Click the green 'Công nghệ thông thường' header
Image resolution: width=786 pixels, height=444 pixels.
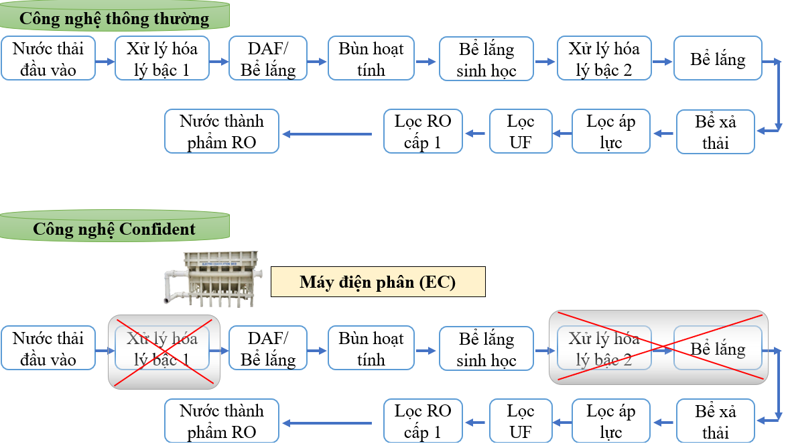(115, 18)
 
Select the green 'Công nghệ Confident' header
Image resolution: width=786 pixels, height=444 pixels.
(115, 229)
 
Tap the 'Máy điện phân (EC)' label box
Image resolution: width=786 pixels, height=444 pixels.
(377, 282)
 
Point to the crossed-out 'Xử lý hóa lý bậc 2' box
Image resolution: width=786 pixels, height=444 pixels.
(604, 349)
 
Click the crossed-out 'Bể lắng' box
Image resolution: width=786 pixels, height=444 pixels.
(718, 349)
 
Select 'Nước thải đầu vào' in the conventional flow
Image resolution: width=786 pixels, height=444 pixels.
(48, 59)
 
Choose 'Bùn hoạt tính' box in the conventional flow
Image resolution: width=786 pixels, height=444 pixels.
(371, 59)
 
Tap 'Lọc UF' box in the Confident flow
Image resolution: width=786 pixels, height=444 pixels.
(521, 421)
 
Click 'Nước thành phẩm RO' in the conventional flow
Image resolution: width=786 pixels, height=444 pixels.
(222, 131)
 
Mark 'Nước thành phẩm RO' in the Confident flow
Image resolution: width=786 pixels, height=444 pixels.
(222, 421)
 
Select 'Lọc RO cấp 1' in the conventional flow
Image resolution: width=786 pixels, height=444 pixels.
(423, 131)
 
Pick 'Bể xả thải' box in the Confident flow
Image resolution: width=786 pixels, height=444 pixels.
(716, 421)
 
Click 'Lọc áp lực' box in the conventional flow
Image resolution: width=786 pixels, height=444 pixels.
(611, 131)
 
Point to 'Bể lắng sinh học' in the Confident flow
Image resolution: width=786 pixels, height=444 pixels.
(486, 349)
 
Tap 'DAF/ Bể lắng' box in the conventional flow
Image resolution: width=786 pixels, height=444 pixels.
(268, 59)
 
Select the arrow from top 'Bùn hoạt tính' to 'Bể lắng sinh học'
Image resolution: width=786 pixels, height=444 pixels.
(425, 61)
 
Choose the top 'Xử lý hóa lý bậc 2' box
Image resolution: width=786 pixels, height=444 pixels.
(604, 59)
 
